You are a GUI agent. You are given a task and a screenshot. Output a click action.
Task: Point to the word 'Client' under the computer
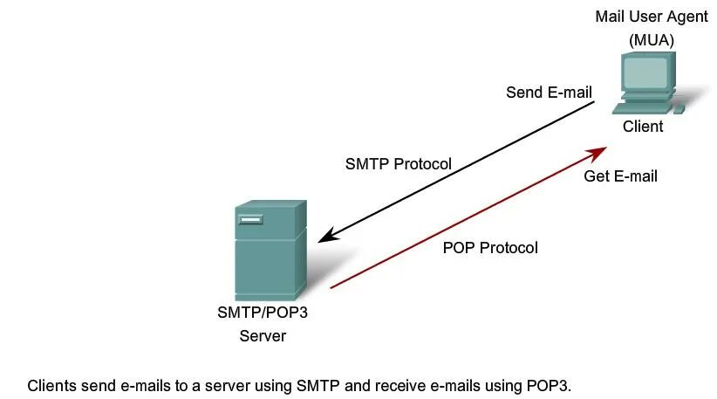click(x=643, y=127)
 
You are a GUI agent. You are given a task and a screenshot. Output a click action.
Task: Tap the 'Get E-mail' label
click(x=620, y=176)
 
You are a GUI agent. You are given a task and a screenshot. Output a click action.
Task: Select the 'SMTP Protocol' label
click(x=398, y=164)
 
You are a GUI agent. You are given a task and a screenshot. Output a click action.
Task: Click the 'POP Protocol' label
click(x=490, y=248)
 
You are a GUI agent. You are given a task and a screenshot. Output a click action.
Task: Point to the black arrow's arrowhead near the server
click(x=324, y=237)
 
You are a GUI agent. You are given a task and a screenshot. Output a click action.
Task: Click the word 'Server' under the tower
click(x=263, y=335)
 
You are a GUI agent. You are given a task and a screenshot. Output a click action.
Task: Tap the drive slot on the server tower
click(x=249, y=217)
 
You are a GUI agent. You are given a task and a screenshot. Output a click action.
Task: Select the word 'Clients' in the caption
click(x=51, y=385)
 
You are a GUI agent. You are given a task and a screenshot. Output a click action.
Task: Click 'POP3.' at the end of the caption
click(x=556, y=385)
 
